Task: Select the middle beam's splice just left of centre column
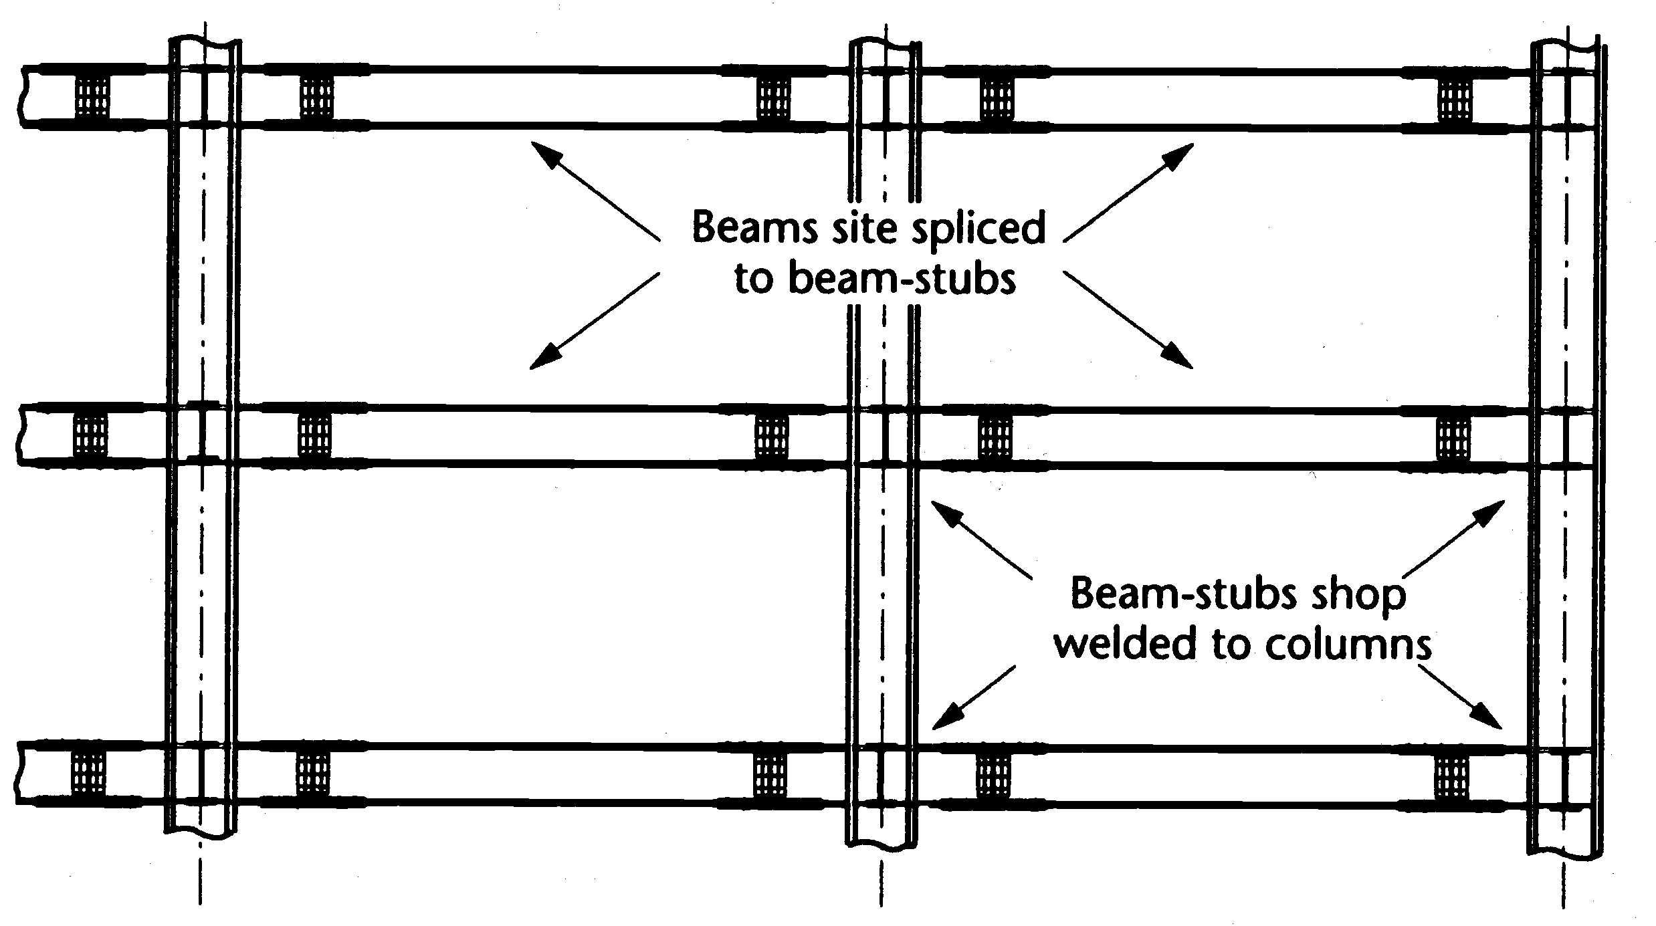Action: click(771, 435)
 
